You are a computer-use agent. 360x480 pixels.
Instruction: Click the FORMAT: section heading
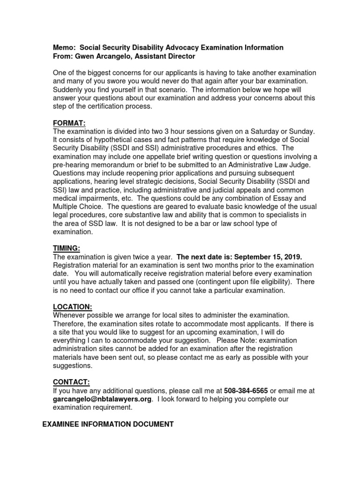click(x=69, y=122)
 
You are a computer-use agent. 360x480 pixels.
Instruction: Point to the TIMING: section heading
click(x=67, y=248)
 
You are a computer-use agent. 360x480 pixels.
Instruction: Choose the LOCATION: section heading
click(x=73, y=307)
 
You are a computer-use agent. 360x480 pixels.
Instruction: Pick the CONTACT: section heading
click(x=71, y=382)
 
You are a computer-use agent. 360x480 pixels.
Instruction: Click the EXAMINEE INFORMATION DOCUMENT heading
click(x=108, y=424)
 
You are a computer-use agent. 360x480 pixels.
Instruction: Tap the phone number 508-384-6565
click(x=246, y=390)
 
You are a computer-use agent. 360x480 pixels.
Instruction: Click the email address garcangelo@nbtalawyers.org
click(x=103, y=399)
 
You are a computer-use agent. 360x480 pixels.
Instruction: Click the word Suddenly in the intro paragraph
click(x=69, y=89)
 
